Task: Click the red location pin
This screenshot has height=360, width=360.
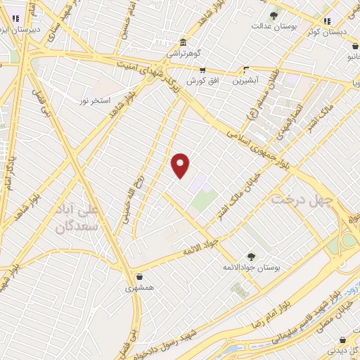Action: coord(181,165)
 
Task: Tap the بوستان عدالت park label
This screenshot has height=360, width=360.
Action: coord(275,26)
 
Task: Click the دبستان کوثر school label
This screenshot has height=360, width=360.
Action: coord(330,32)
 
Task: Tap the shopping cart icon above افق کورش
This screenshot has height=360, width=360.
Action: coord(202,70)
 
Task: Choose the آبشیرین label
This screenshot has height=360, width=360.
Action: coord(248,81)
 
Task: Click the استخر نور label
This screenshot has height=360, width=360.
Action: coord(94,101)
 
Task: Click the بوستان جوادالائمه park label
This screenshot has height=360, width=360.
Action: coord(251,267)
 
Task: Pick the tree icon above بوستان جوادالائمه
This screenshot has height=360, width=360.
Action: coord(251,257)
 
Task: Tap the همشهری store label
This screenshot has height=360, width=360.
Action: coord(141,288)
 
